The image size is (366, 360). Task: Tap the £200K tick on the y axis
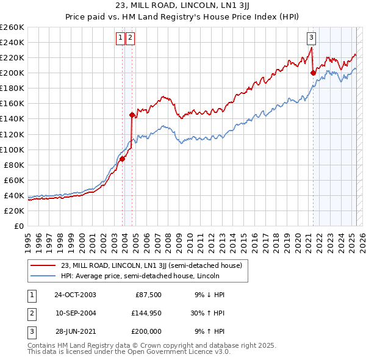(12, 73)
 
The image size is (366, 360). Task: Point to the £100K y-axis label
(12, 149)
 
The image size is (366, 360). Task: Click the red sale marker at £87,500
(123, 159)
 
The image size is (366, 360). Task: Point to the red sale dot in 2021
(313, 73)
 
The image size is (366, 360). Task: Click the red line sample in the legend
(43, 265)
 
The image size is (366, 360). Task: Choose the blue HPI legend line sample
(43, 276)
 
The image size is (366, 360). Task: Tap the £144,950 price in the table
(145, 313)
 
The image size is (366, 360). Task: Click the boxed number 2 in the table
(30, 313)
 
